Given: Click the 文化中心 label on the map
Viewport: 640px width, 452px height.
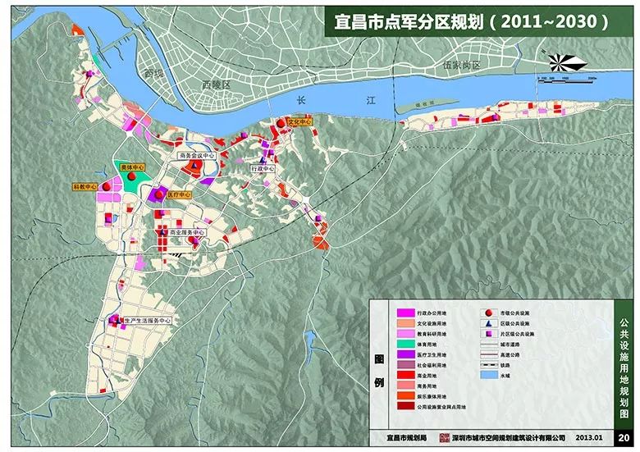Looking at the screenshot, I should pos(300,122).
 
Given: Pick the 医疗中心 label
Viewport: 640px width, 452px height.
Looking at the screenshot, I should pos(178,195).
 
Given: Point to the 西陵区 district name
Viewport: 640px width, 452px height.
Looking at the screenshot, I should pos(218,84).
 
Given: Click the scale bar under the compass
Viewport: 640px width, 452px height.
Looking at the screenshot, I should pos(566,79).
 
